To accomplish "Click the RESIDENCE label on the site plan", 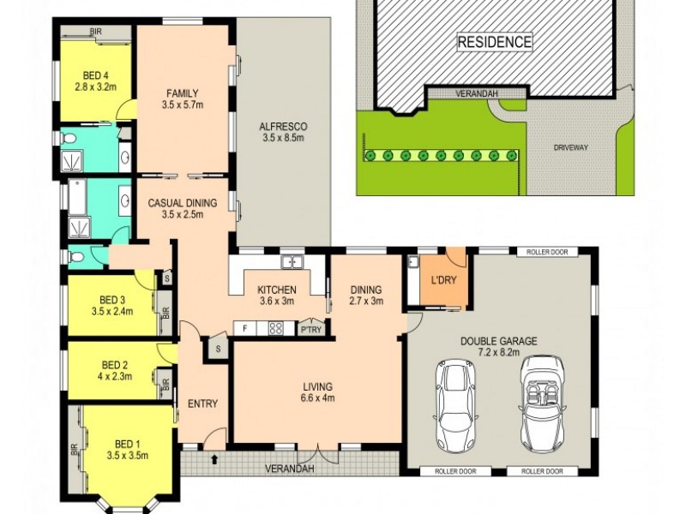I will click(x=494, y=41).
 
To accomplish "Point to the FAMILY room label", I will click(x=183, y=93).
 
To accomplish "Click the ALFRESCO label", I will click(x=283, y=128).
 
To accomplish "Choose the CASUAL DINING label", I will click(x=182, y=203).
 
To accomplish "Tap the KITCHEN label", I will click(x=277, y=290).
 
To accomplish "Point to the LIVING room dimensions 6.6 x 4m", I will click(x=317, y=397).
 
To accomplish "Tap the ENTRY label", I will click(x=202, y=403).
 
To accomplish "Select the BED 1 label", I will click(x=127, y=444).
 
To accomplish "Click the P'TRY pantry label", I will click(x=309, y=329).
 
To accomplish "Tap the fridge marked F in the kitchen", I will click(x=245, y=328).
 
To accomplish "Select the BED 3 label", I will click(x=112, y=299).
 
